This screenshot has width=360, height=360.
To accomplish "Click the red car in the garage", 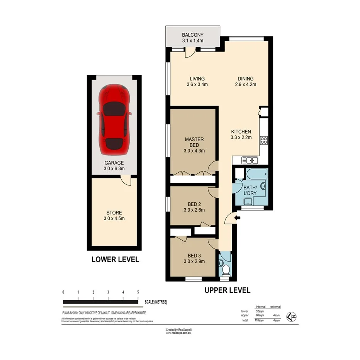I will [x=114, y=119].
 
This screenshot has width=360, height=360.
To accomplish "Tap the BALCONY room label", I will [x=193, y=34].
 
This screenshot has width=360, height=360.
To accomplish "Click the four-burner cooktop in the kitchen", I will [x=264, y=140].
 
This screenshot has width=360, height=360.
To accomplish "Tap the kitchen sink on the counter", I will [x=247, y=160].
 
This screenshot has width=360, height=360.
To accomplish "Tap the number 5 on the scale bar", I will [x=138, y=292].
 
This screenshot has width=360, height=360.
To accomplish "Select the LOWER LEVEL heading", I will [x=115, y=260].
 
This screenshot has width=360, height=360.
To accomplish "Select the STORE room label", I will [x=114, y=213].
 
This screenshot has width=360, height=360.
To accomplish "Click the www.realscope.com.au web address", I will [x=179, y=333].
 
